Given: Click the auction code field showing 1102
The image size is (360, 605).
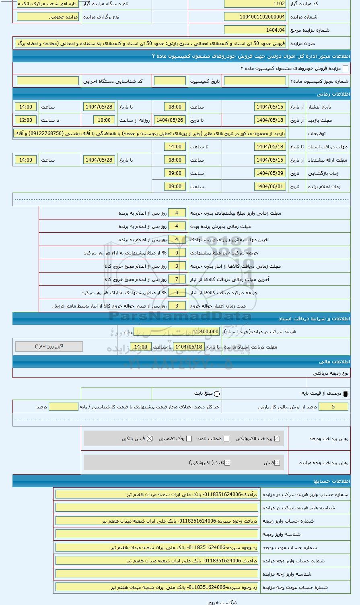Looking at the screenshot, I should click(255, 4).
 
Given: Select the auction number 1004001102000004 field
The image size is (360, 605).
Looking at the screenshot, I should click(255, 17).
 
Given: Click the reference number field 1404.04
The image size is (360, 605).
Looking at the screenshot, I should click(255, 30).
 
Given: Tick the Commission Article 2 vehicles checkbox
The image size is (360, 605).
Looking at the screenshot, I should click(345, 68).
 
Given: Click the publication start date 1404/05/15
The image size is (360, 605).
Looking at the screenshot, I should click(270, 107).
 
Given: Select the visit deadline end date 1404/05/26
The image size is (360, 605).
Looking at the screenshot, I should click(169, 120).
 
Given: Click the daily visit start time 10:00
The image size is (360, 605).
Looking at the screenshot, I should click(104, 120).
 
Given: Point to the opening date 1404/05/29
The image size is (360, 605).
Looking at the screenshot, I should click(270, 173).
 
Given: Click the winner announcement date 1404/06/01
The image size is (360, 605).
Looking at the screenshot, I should click(270, 187).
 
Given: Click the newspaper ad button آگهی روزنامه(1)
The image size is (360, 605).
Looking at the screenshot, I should click(49, 347).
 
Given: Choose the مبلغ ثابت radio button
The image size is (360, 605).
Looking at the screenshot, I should click(217, 394).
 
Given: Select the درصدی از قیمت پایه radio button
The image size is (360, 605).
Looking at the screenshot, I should click(346, 394).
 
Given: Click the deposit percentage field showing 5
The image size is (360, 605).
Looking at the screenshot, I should click(333, 407).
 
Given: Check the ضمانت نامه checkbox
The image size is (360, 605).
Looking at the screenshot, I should click(226, 439).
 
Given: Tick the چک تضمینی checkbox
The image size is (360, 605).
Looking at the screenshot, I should click(189, 439).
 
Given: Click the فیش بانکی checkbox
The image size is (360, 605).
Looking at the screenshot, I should click(150, 439).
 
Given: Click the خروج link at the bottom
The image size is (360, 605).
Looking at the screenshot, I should click(213, 602).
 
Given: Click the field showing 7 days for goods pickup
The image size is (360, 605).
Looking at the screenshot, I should click(177, 279).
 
